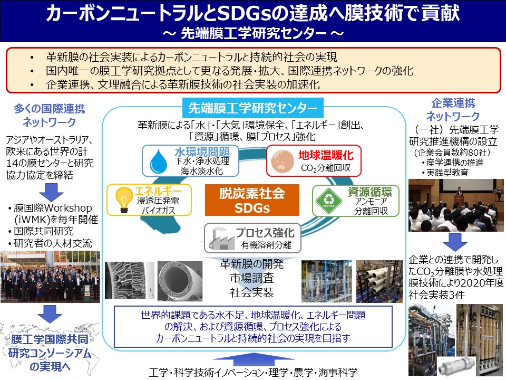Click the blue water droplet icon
[159, 161]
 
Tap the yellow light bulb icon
[123, 199]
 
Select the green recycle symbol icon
[328, 201]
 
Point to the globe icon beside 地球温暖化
[283, 161]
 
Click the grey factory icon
[221, 238]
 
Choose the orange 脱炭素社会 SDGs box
[252, 200]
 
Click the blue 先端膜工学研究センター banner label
[252, 108]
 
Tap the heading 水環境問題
[202, 151]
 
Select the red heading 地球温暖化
[326, 155]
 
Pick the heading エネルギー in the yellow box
[159, 191]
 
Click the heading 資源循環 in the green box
[370, 192]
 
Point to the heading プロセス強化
[265, 233]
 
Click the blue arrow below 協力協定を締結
[51, 193]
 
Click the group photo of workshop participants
[51, 277]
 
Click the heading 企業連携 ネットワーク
[453, 110]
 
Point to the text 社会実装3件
[436, 295]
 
